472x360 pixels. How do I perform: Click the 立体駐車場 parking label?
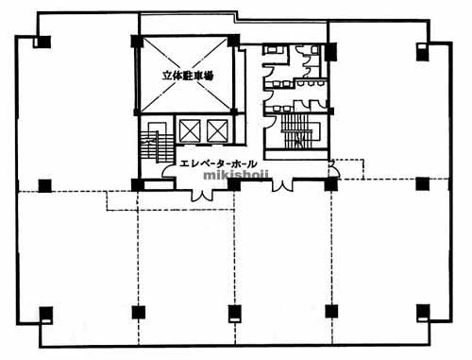pos(188,76)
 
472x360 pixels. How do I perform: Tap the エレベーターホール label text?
pos(218,163)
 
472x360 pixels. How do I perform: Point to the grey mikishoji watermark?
pos(236,175)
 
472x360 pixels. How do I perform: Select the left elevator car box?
pos(190,130)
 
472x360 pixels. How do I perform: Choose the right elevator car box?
pos(217,130)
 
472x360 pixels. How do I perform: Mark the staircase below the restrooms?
pos(298,131)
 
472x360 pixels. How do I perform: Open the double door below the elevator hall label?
pos(202,195)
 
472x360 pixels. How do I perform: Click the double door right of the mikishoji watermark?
pos(282,185)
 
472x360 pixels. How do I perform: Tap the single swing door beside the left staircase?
pos(168,172)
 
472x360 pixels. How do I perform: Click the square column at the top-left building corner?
pos(42,43)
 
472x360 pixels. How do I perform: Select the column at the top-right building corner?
pos(422,52)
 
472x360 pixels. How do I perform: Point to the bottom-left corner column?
pos(46,315)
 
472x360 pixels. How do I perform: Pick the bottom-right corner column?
pos(423,313)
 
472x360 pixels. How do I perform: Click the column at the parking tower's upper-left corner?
pos(137,41)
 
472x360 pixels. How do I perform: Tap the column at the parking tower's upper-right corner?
pos(233,41)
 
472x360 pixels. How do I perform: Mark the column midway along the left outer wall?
pos(45,185)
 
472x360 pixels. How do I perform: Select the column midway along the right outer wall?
pos(422,184)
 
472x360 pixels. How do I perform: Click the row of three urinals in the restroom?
pos(311,83)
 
